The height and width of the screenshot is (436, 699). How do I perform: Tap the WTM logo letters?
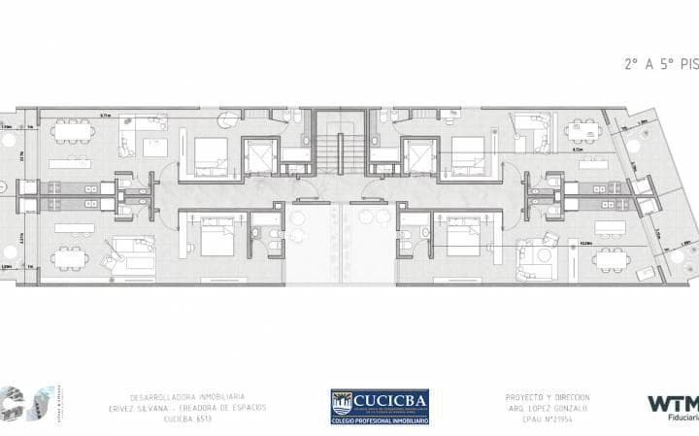(x=673, y=402)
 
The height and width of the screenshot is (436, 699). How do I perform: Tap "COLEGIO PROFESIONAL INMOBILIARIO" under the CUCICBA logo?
(x=380, y=419)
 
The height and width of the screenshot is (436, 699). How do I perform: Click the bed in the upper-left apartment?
(x=210, y=155)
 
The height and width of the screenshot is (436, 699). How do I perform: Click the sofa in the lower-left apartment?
(x=127, y=254)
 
